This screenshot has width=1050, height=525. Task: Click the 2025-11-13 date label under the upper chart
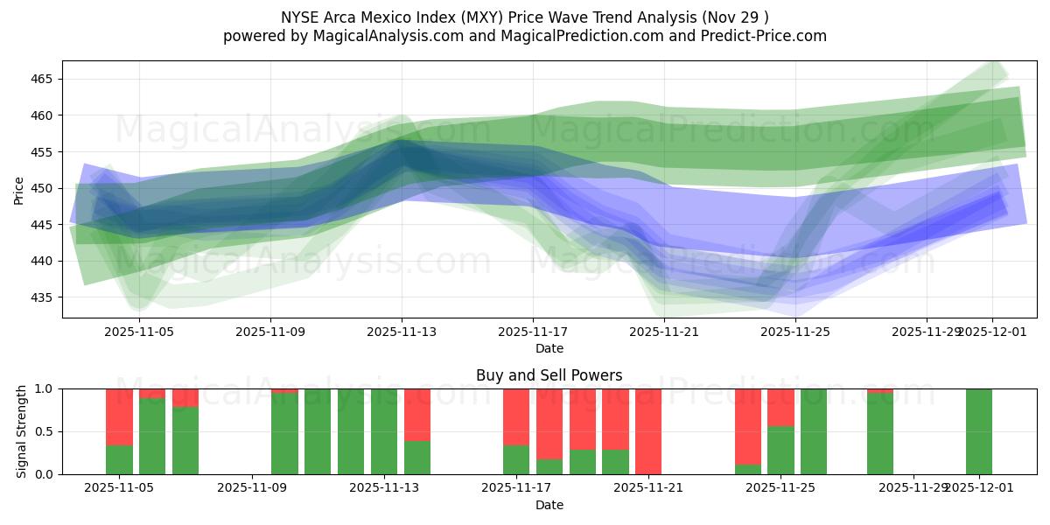(402, 332)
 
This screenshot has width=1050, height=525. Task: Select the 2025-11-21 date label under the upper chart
(664, 332)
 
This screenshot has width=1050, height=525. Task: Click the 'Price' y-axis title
(19, 189)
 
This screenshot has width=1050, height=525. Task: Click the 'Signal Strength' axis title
(21, 431)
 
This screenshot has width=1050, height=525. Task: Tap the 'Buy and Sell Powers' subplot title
(549, 375)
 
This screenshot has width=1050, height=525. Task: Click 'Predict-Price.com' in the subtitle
(760, 36)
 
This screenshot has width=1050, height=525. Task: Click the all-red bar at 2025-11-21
(648, 431)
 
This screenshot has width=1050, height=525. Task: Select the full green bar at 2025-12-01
(979, 431)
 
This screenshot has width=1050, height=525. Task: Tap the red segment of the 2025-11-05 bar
(119, 416)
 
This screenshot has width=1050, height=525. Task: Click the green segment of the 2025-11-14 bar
(417, 458)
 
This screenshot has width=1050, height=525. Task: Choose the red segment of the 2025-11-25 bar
(780, 408)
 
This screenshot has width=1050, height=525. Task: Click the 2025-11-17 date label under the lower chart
(515, 488)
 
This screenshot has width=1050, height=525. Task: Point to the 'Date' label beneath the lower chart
(549, 505)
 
